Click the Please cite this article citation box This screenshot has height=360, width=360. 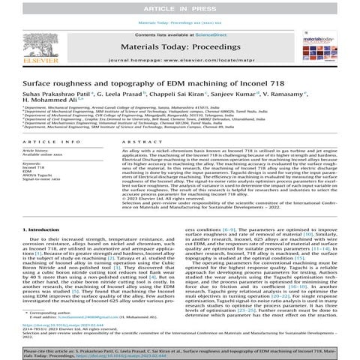coord(179,352)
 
